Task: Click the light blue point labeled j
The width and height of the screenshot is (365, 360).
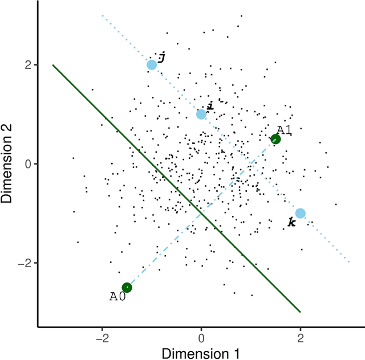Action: click(x=152, y=65)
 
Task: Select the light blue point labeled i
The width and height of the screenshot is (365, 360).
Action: click(x=201, y=114)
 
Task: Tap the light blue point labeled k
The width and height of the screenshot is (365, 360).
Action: click(x=301, y=214)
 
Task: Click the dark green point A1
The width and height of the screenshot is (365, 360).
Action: click(x=275, y=139)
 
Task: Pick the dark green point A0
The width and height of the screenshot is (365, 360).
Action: click(x=127, y=288)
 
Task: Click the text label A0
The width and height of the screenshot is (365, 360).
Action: click(x=117, y=297)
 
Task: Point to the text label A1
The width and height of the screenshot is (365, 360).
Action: click(x=284, y=130)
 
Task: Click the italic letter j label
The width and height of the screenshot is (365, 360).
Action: click(x=161, y=57)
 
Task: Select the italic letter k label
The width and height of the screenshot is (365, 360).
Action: click(x=291, y=223)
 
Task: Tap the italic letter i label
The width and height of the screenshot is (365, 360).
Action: click(x=210, y=106)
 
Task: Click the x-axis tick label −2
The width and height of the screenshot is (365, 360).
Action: click(x=102, y=338)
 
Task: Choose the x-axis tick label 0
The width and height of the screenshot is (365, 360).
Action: click(x=201, y=338)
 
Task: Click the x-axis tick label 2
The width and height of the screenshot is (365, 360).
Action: click(x=301, y=338)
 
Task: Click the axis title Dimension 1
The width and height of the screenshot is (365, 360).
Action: click(x=201, y=353)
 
